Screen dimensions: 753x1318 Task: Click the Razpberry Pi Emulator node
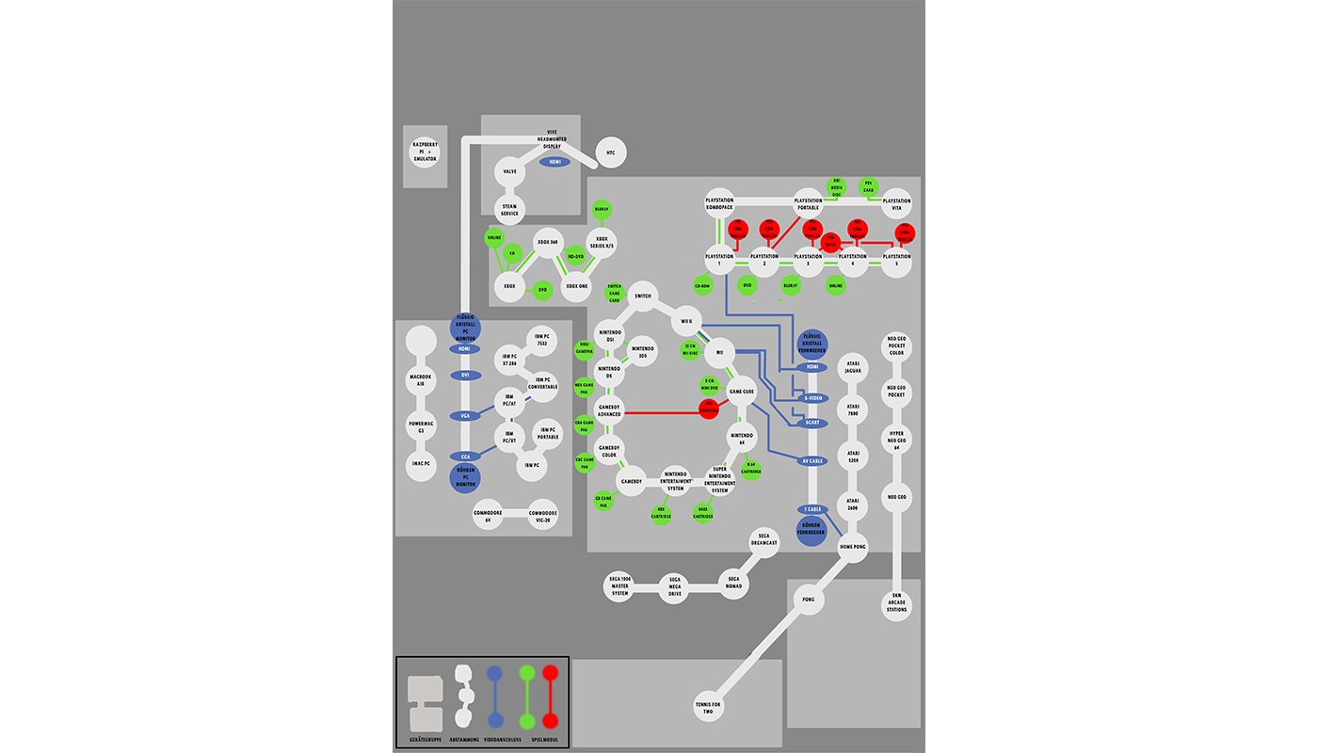tap(425, 152)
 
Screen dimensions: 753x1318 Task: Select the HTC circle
tap(611, 152)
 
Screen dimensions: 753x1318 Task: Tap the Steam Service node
tap(509, 210)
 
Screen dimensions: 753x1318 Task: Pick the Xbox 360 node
tap(548, 243)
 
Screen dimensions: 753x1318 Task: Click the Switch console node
tap(643, 296)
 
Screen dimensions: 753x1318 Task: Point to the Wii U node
tap(686, 321)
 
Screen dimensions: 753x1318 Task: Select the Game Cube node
tap(742, 392)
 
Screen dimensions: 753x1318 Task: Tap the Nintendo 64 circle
tap(742, 437)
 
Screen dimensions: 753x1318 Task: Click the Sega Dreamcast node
tap(764, 542)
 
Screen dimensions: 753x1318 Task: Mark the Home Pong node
tap(853, 547)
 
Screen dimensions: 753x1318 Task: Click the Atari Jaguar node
tap(853, 367)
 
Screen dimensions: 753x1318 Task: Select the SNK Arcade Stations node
tap(896, 604)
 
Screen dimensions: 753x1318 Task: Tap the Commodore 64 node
tap(488, 514)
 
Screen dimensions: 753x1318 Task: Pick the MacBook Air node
tap(421, 380)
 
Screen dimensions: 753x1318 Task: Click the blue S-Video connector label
tap(812, 398)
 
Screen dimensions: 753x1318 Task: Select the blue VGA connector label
tap(465, 416)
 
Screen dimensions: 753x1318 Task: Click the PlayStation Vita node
tap(896, 203)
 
